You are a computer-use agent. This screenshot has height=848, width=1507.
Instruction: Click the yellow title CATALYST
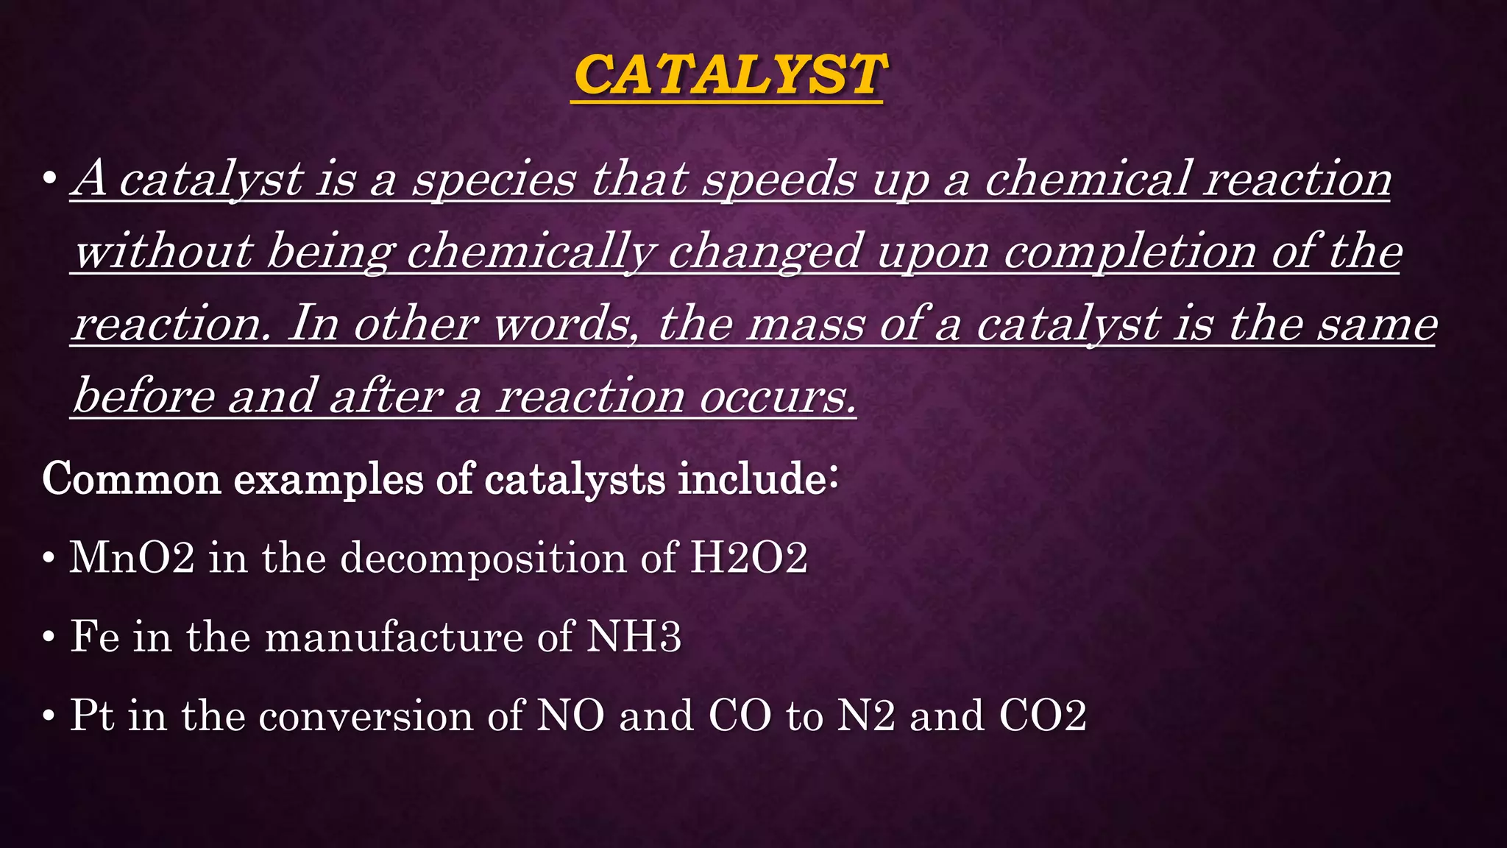coord(729,75)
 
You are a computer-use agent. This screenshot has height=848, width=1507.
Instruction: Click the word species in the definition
coord(493,179)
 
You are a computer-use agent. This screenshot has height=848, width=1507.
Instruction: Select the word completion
coord(1130,252)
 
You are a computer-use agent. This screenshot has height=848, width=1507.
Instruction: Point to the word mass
coord(806,324)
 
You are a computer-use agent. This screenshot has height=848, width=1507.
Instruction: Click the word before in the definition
coord(144,396)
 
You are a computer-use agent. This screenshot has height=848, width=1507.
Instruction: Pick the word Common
coord(131,479)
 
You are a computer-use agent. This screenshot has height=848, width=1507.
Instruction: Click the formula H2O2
coord(748,557)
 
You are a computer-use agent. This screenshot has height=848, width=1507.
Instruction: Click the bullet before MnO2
coord(49,559)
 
